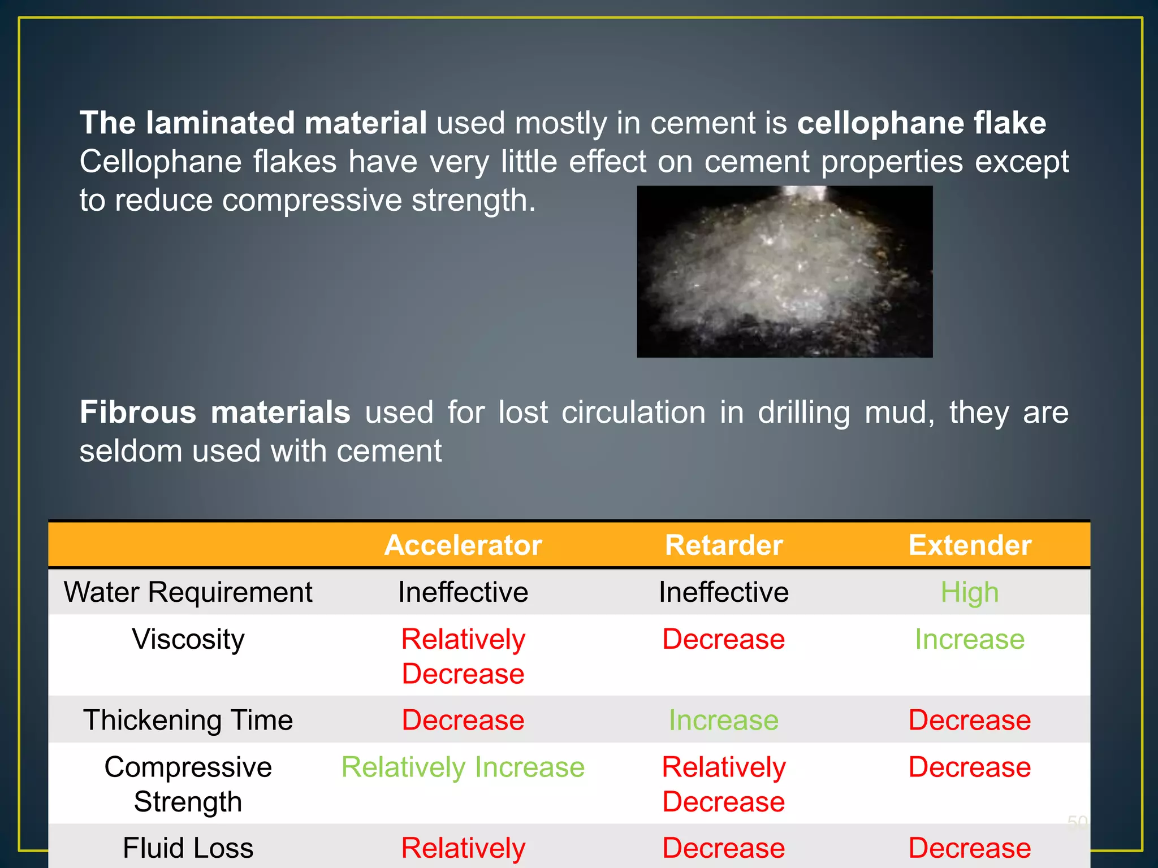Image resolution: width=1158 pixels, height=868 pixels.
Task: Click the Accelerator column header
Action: coord(463,545)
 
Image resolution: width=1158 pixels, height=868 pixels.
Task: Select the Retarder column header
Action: coord(723,545)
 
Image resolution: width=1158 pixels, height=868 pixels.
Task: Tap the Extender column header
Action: coord(970,545)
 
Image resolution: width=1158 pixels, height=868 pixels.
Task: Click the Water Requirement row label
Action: coord(188,592)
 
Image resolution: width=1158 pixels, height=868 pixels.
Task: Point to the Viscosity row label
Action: coord(188,639)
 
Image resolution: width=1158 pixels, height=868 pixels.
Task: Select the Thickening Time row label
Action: coord(188,720)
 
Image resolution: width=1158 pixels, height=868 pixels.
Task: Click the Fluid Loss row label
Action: coord(188,848)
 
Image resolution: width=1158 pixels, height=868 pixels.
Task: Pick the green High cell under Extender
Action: coord(970,592)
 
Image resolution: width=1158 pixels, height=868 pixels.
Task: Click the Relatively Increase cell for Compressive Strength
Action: coord(463,767)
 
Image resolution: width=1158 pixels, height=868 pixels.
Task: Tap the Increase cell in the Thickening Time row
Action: coord(723,720)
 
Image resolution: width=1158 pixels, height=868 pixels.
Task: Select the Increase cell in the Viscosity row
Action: coord(970,639)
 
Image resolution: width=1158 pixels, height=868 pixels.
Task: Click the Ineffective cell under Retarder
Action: coord(723,592)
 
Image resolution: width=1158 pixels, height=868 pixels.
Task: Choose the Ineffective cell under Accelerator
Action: coord(463,592)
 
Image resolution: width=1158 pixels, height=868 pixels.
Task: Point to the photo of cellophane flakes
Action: coord(784,271)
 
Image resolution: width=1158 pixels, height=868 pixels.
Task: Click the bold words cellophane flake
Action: coord(921,123)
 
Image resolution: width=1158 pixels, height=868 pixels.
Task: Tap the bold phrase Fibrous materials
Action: coord(215,412)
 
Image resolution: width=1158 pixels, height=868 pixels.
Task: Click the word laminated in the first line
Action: coord(221,123)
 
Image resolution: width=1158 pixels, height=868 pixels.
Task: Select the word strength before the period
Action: coord(469,201)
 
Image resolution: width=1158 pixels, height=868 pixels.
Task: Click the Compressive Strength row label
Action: coord(188,784)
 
